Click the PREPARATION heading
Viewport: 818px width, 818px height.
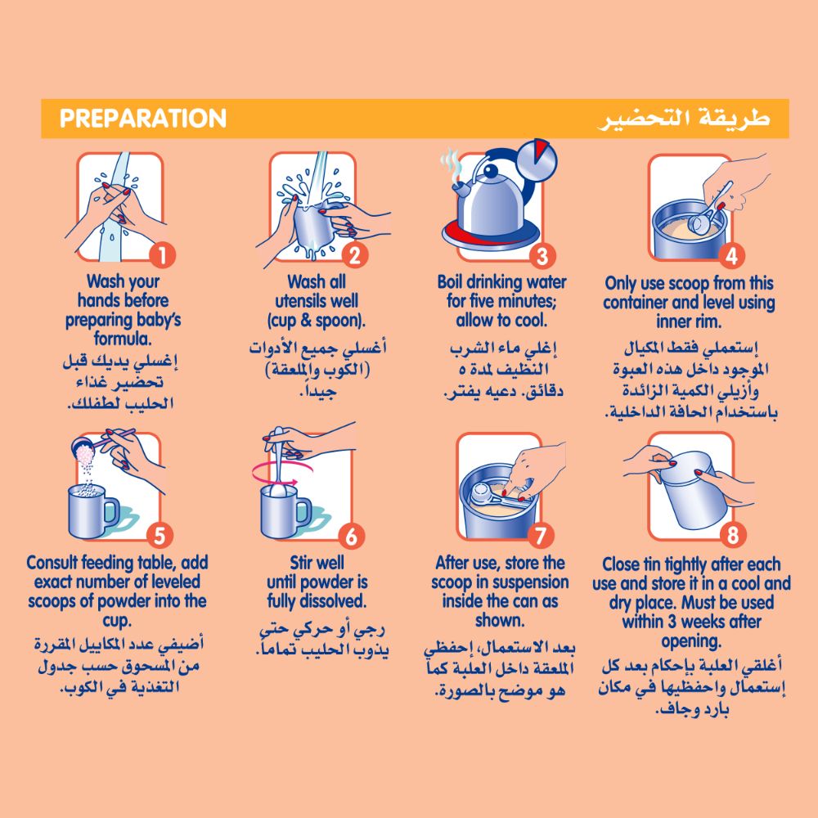143,119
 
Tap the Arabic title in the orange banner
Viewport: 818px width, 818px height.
684,118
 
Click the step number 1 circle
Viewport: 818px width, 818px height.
162,255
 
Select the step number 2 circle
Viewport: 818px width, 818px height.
355,255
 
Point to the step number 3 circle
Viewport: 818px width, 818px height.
542,255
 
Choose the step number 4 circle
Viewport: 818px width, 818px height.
731,255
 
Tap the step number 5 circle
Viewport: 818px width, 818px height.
160,536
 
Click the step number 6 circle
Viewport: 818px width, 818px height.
352,536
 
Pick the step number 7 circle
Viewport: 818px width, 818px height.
541,535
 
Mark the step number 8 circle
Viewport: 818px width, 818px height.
732,535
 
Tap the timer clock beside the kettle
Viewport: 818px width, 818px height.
537,160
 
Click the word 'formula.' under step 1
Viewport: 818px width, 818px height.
124,339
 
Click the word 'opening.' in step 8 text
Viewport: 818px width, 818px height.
691,640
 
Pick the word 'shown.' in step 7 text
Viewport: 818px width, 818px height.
500,620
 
